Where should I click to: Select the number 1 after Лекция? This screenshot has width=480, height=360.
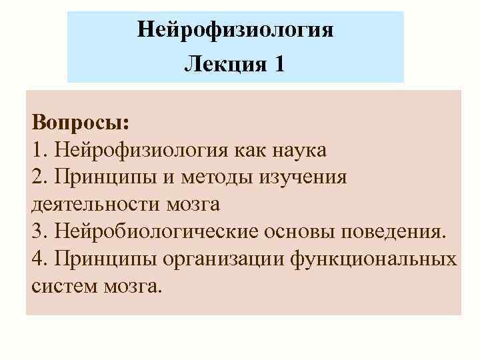point(278,64)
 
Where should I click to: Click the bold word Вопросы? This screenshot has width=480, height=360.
point(81,125)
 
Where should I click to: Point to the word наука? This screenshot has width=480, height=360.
point(298,151)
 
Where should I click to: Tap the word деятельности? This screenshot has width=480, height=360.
point(93,203)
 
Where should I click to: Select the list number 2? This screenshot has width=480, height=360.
point(37,177)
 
